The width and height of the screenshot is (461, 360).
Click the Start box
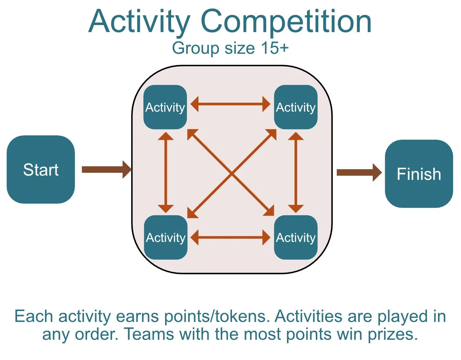point(41,170)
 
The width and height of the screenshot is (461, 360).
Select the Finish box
point(419,174)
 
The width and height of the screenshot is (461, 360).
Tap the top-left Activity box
point(165,107)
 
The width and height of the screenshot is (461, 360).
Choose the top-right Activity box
point(296,107)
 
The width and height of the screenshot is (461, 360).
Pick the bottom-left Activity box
point(166,238)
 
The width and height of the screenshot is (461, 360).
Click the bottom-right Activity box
point(296,238)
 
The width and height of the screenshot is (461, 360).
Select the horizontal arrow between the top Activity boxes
point(230,104)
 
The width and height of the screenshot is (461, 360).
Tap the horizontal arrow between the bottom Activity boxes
point(230,238)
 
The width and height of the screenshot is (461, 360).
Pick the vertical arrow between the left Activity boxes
point(166,172)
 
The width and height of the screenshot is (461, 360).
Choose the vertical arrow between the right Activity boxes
point(296,172)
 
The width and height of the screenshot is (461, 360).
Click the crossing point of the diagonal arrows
point(231,174)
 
